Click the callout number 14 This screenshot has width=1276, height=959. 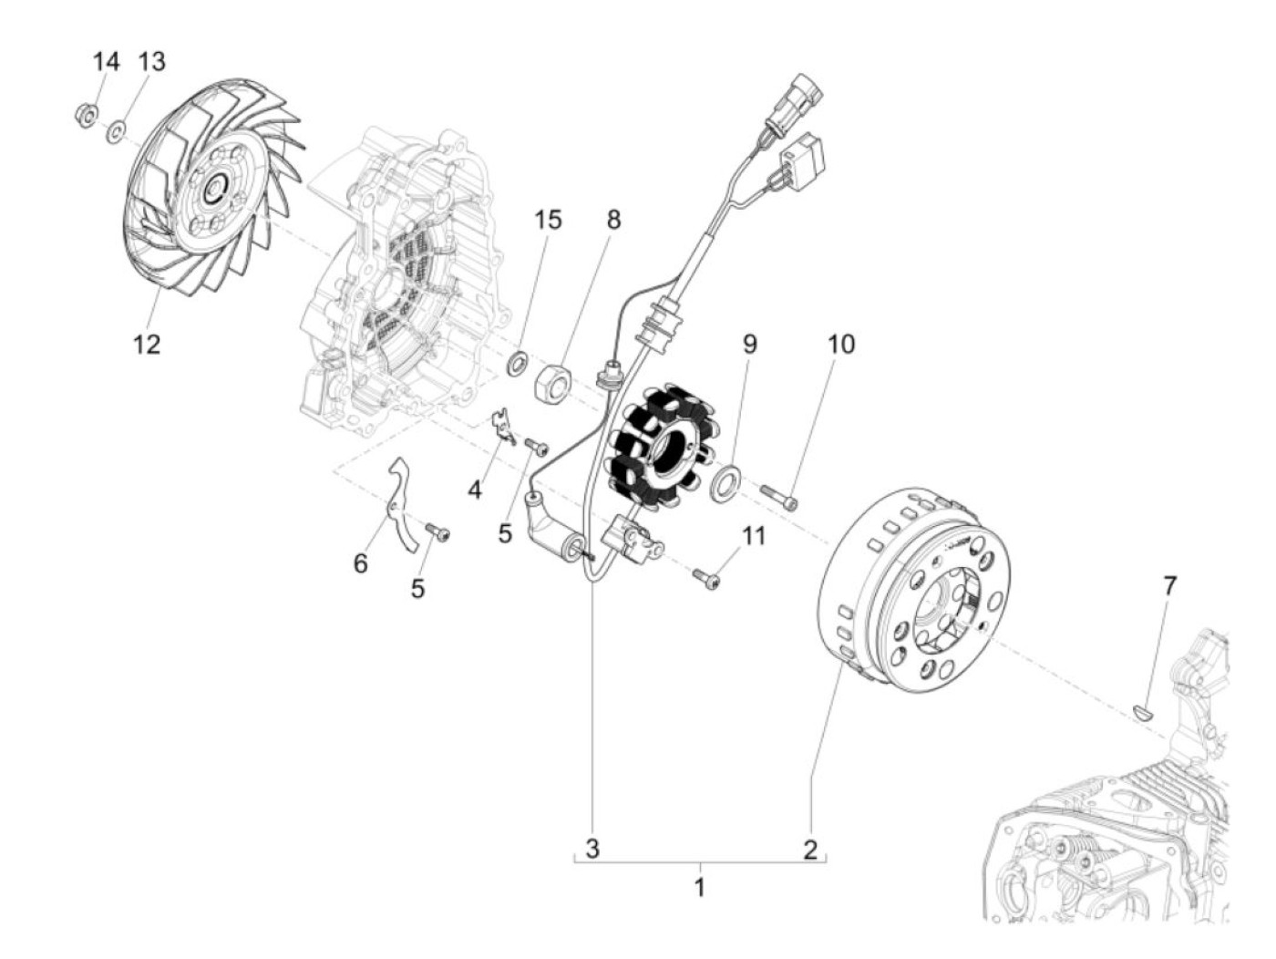click(106, 62)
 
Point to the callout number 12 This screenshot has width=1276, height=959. click(147, 344)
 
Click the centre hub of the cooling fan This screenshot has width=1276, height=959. click(215, 190)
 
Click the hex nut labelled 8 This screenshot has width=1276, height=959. click(553, 379)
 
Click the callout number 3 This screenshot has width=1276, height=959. click(592, 849)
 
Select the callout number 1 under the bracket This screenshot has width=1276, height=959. click(700, 886)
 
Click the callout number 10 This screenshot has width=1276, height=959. click(841, 344)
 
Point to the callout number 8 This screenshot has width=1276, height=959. click(613, 220)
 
